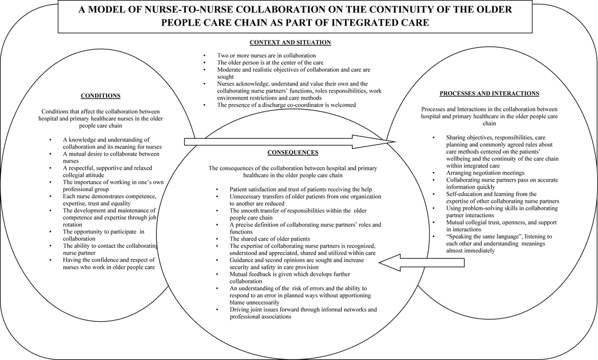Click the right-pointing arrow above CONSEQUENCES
(290, 141)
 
